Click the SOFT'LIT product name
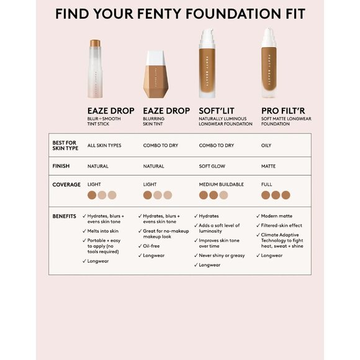tap(216, 111)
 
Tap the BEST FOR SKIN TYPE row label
tap(65, 145)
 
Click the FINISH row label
tap(63, 166)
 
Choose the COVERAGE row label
tap(66, 184)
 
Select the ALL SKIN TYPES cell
tap(104, 145)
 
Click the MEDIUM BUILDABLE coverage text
tap(221, 184)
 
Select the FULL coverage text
tap(266, 184)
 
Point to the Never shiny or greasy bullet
tap(222, 255)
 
